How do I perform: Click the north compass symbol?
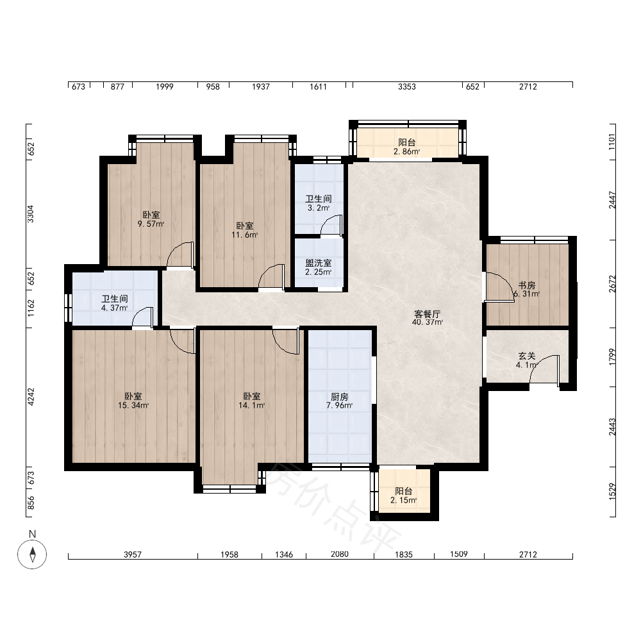(x=32, y=554)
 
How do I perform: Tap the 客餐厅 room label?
(x=427, y=314)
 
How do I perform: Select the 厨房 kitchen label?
(x=339, y=397)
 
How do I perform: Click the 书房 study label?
(x=526, y=285)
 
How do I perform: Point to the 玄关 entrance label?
(x=526, y=356)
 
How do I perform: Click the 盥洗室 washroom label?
(x=319, y=263)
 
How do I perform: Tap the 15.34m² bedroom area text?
(x=133, y=406)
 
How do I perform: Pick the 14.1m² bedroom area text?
(x=252, y=406)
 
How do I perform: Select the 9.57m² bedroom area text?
(x=151, y=224)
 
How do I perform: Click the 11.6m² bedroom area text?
(x=244, y=235)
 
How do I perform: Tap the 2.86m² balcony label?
(x=407, y=152)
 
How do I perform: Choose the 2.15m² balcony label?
(x=403, y=501)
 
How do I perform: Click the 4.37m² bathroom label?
(x=115, y=308)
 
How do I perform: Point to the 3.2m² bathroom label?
(x=319, y=208)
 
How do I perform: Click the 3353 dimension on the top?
(x=407, y=87)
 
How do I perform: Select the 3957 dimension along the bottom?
(x=133, y=554)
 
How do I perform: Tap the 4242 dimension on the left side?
(x=31, y=397)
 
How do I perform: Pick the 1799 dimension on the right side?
(x=612, y=357)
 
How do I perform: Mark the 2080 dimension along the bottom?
(x=340, y=554)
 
